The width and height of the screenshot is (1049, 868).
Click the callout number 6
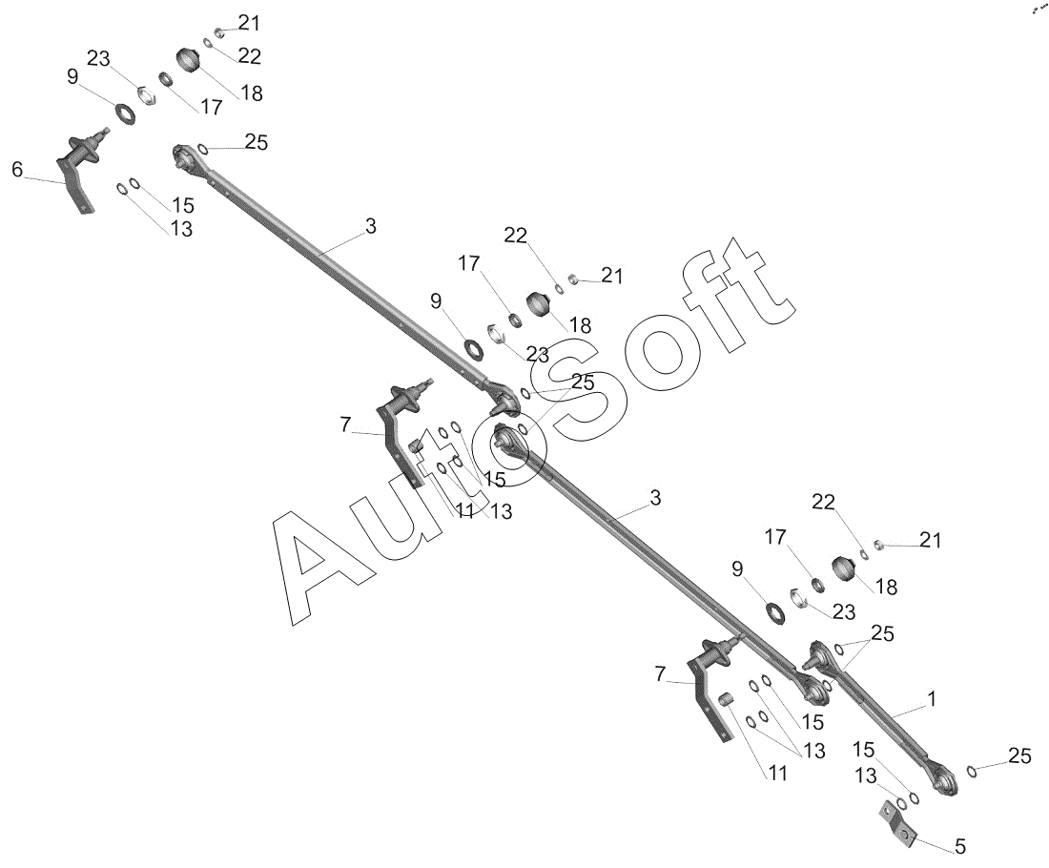point(17,170)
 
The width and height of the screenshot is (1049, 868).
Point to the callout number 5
point(959,846)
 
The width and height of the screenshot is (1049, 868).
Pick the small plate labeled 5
point(896,823)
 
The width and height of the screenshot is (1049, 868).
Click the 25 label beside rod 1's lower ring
point(1019,756)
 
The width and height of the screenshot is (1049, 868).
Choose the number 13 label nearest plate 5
point(865,776)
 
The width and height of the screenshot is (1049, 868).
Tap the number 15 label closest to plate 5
point(863,749)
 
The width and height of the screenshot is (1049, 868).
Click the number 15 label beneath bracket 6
point(182,205)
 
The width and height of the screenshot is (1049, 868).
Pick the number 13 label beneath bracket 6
point(180,229)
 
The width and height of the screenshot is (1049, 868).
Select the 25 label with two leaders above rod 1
point(882,633)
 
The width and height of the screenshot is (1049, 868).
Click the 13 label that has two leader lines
point(812,751)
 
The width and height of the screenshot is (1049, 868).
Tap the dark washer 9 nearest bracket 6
point(125,112)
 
